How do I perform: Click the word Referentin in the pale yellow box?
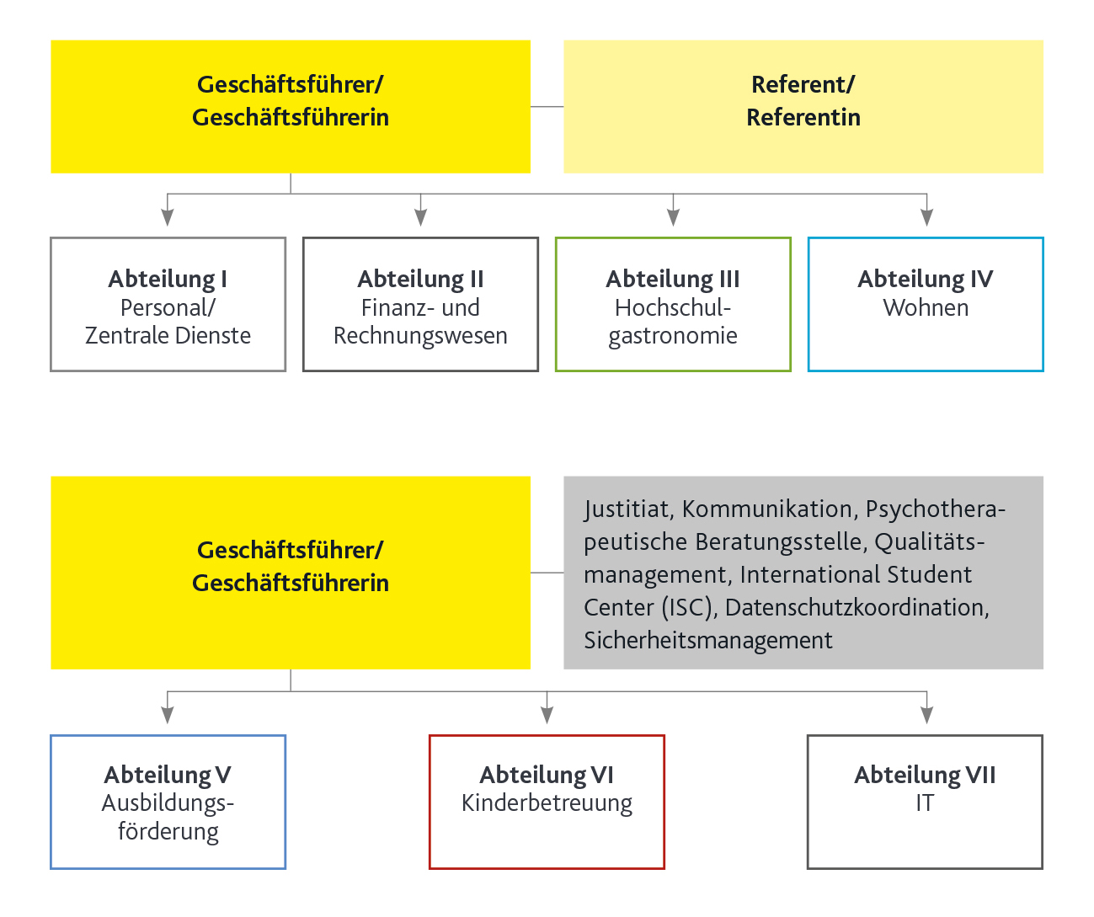pyautogui.click(x=803, y=117)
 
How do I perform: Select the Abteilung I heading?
pyautogui.click(x=168, y=279)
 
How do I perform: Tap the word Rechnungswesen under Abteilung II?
pyautogui.click(x=420, y=336)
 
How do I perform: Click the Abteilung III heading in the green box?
pyautogui.click(x=673, y=279)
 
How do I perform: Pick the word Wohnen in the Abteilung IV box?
pyautogui.click(x=926, y=308)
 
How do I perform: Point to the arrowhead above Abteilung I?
pyautogui.click(x=168, y=217)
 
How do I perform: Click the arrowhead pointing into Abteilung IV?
pyautogui.click(x=926, y=217)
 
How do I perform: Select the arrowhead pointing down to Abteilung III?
pyautogui.click(x=673, y=217)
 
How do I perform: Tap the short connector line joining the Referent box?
pyautogui.click(x=547, y=107)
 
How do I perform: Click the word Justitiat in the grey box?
pyautogui.click(x=626, y=509)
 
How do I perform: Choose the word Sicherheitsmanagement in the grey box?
pyautogui.click(x=707, y=641)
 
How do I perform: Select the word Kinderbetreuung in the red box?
pyautogui.click(x=547, y=803)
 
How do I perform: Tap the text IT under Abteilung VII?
pyautogui.click(x=925, y=803)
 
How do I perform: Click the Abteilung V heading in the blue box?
pyautogui.click(x=168, y=775)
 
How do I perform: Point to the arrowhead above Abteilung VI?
pyautogui.click(x=547, y=715)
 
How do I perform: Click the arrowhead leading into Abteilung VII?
pyautogui.click(x=926, y=715)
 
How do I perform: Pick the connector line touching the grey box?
pyautogui.click(x=547, y=573)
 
